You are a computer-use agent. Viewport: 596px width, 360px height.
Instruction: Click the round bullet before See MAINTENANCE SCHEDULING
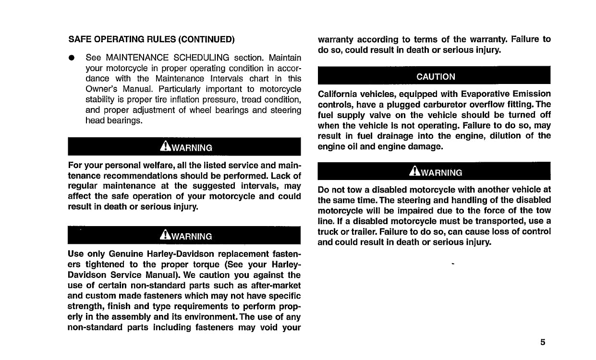71,58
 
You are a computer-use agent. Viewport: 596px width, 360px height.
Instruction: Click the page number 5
542,342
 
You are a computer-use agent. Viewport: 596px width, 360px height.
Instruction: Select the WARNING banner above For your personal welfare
184,147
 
